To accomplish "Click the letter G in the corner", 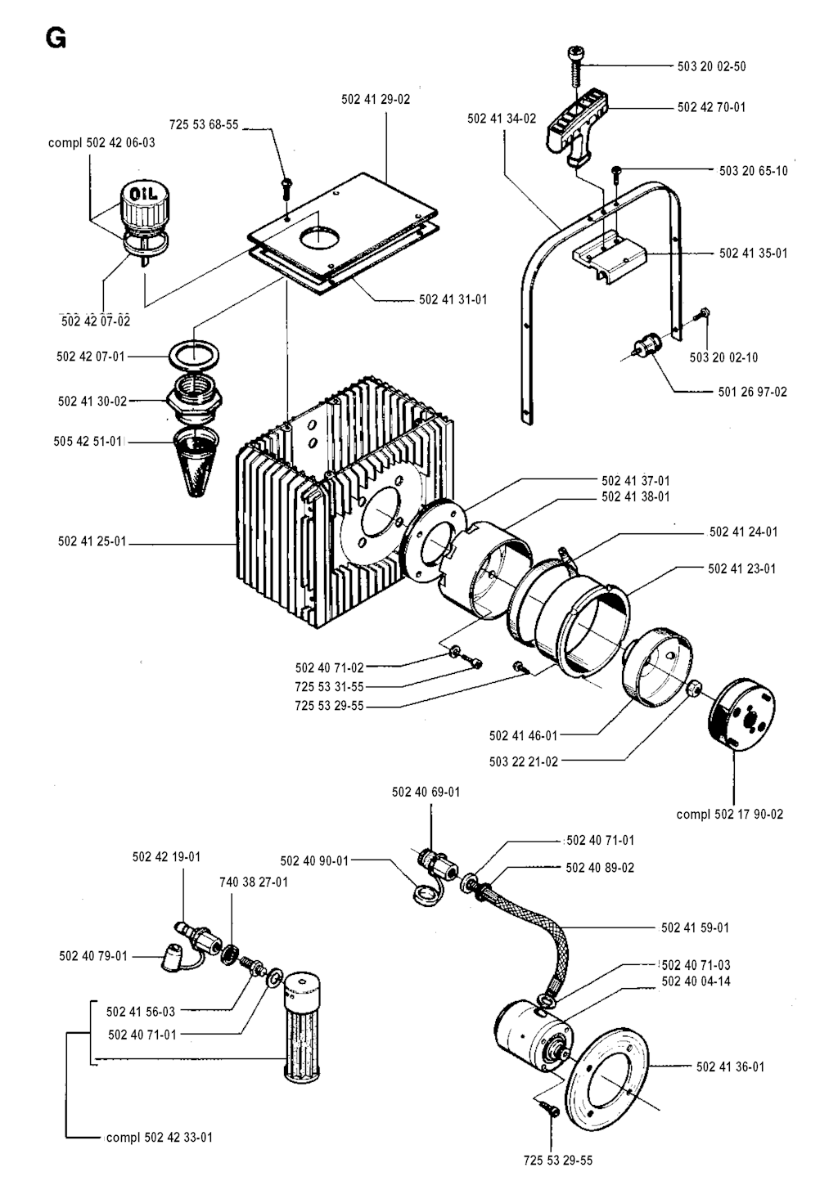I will pyautogui.click(x=56, y=38).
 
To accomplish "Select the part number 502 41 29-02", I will pyautogui.click(x=376, y=99).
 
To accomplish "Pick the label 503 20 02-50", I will pyautogui.click(x=711, y=66).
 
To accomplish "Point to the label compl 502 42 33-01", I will pyautogui.click(x=159, y=1137).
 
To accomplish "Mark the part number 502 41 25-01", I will pyautogui.click(x=92, y=541).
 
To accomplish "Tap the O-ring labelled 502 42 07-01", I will pyautogui.click(x=195, y=357).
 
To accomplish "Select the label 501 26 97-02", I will pyautogui.click(x=753, y=392).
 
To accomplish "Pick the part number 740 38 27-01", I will pyautogui.click(x=254, y=882).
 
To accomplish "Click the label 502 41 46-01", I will pyautogui.click(x=523, y=735).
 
